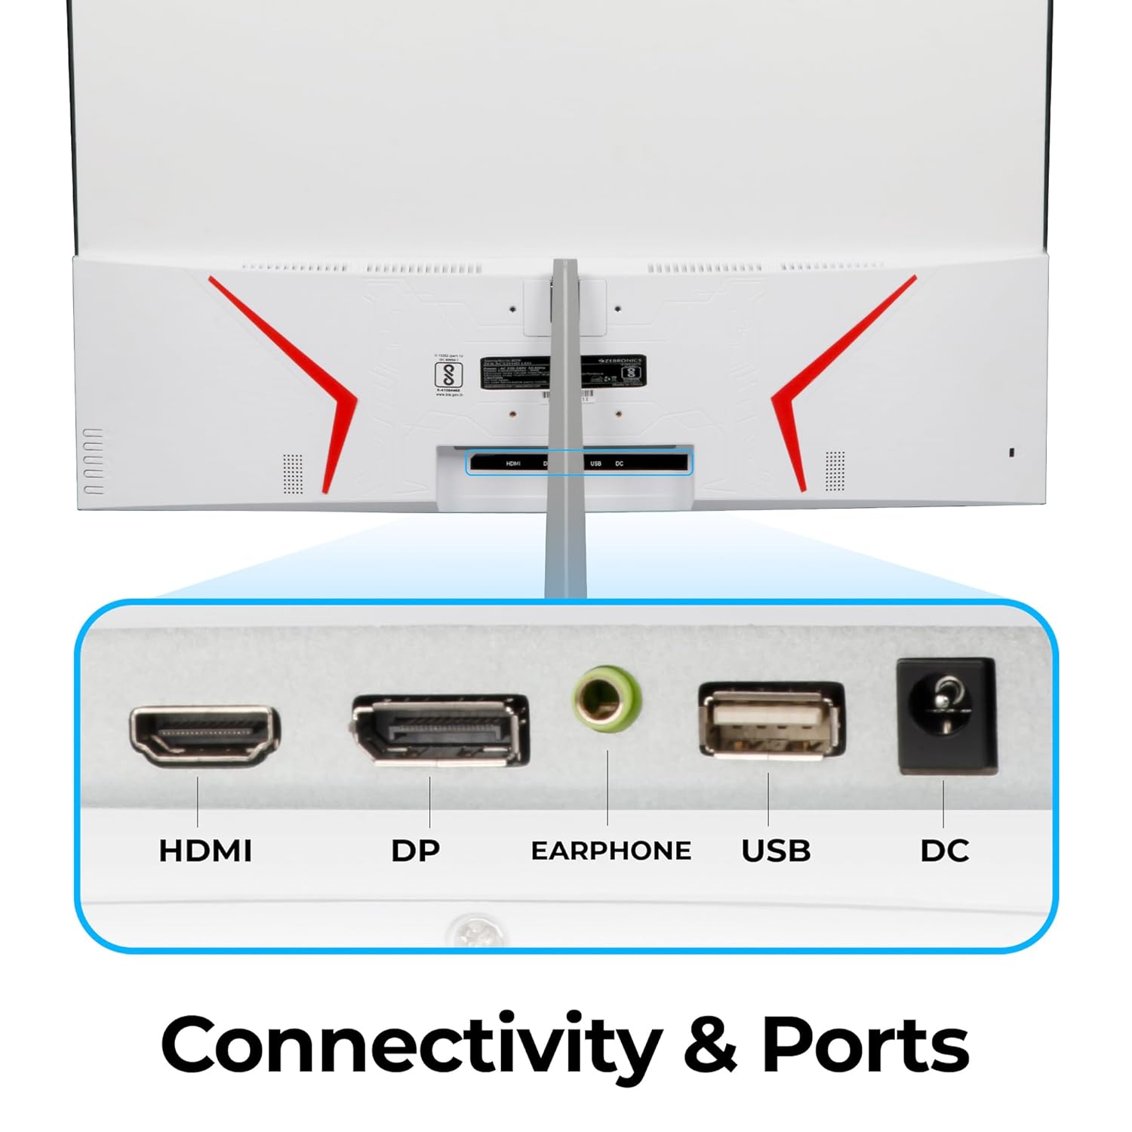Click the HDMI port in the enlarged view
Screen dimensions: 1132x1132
205,735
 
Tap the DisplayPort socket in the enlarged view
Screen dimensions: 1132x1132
440,731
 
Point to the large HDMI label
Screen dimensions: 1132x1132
205,851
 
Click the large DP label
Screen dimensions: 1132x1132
415,851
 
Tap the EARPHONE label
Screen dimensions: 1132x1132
611,851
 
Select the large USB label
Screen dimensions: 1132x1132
776,851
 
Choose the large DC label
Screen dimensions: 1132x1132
944,851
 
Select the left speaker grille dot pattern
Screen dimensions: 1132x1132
292,473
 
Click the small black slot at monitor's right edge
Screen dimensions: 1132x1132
1012,452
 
